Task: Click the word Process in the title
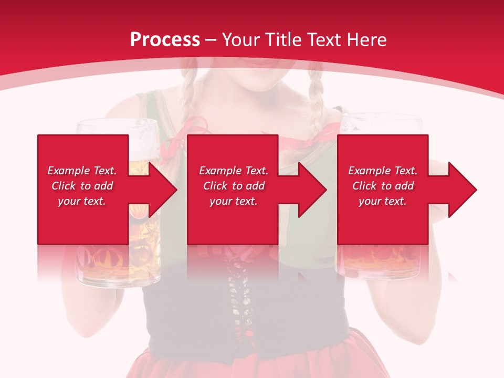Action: [165, 40]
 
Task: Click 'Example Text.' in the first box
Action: [82, 171]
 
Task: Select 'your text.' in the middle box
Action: [233, 201]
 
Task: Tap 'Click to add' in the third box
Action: [383, 186]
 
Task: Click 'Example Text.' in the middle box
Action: [233, 171]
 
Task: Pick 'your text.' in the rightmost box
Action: [383, 201]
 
